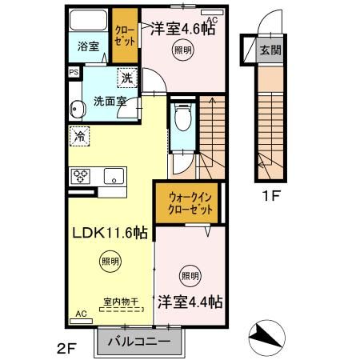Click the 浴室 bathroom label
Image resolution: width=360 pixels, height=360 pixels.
(88, 46)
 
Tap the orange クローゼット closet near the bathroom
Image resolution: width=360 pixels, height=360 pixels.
(124, 37)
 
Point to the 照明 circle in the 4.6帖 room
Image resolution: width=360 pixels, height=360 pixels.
(182, 50)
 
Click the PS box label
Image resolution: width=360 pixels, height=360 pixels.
(74, 72)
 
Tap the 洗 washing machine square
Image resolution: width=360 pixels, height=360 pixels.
(127, 78)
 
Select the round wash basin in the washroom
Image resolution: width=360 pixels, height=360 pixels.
(78, 108)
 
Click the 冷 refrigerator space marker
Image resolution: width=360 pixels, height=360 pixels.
(79, 137)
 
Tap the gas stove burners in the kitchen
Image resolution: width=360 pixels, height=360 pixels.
(82, 174)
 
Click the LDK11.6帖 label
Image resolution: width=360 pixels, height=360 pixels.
(110, 234)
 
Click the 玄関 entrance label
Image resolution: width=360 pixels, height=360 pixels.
(270, 50)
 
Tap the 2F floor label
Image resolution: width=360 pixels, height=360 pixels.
(66, 349)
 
